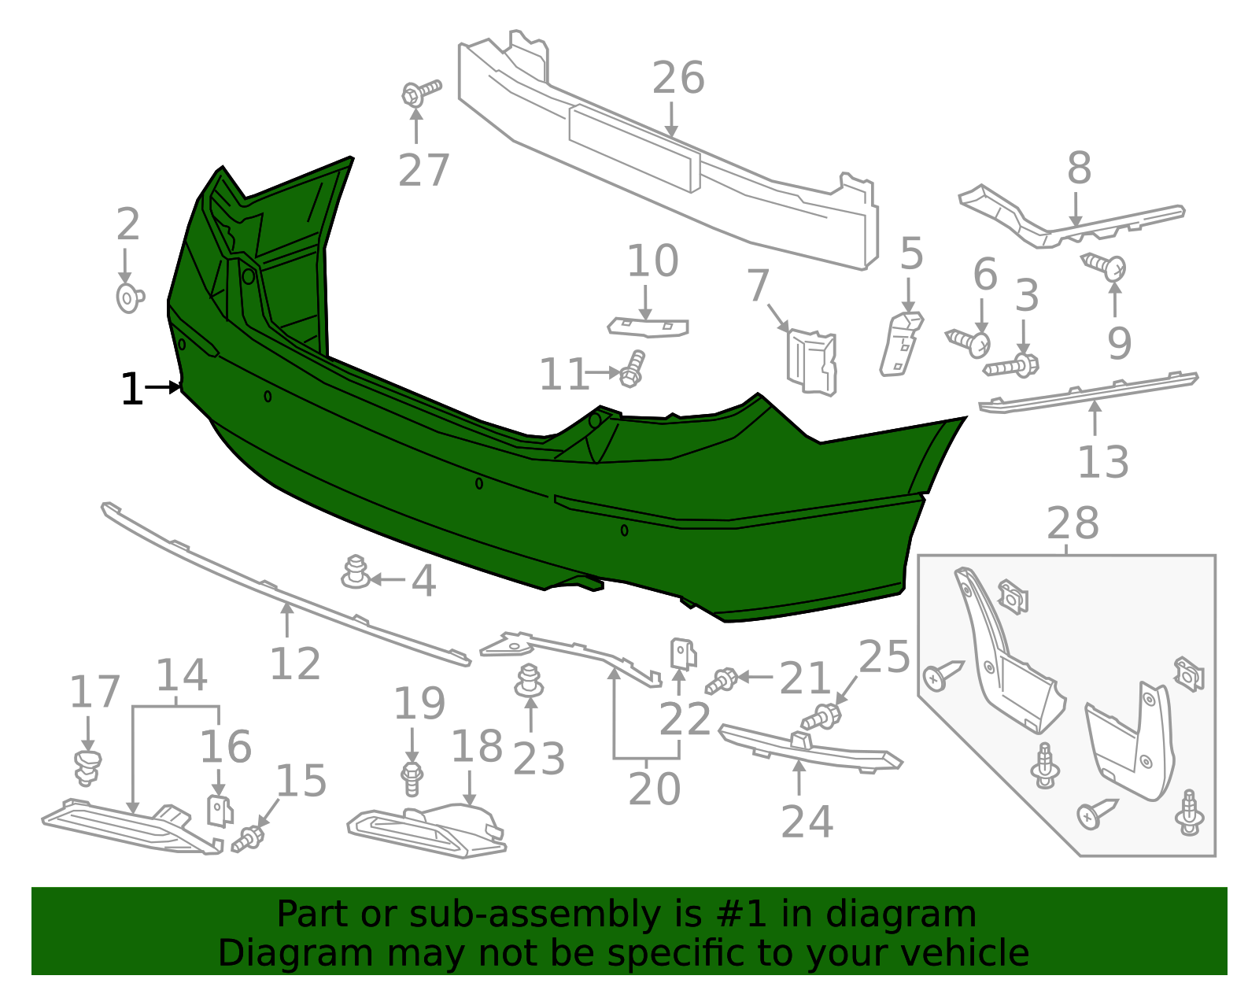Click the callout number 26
pos(677,79)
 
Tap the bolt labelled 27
pos(419,92)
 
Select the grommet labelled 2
pos(129,298)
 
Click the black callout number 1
pos(131,390)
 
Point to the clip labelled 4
pos(356,572)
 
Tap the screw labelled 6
pos(969,342)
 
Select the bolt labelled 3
pos(1013,365)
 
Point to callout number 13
pos(1102,463)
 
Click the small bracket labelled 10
pos(648,327)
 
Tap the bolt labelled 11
pos(632,368)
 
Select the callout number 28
pos(1073,524)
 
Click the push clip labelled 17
pos(87,767)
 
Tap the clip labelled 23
pos(530,681)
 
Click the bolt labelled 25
pos(821,716)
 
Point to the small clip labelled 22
pos(682,653)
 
